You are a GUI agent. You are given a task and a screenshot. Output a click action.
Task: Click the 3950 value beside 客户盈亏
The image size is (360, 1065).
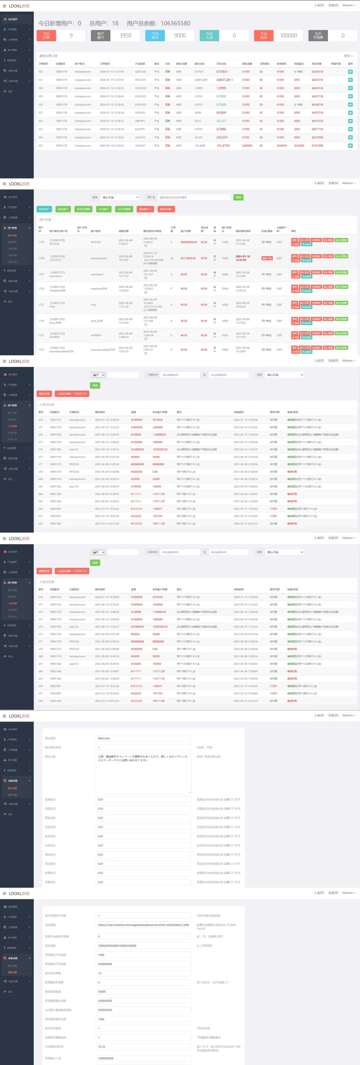pos(125,36)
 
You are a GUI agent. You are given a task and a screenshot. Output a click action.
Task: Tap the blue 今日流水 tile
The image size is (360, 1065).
pos(155,36)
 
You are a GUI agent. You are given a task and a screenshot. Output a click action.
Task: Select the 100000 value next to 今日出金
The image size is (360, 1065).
pos(288,36)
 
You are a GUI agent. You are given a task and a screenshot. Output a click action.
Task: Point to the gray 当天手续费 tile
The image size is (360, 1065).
pos(318,36)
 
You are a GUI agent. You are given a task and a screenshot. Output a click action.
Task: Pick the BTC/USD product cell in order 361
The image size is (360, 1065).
pos(140,80)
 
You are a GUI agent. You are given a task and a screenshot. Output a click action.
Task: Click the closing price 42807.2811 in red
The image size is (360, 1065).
pos(224,80)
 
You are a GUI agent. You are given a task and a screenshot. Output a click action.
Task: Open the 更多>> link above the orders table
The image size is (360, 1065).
pos(349,56)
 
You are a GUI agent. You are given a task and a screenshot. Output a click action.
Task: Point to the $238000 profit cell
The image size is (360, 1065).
pos(299,146)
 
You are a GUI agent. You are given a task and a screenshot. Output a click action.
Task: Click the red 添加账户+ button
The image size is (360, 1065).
pos(145,209)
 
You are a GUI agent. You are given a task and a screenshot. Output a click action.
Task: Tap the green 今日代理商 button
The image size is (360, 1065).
pos(124,209)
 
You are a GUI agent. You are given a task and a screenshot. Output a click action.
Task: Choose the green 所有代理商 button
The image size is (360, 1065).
pos(83,209)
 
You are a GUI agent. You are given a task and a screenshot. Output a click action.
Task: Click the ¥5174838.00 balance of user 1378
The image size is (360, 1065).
pos(188,258)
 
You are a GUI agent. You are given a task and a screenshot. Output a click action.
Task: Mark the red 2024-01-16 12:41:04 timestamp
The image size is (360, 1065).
pos(243,258)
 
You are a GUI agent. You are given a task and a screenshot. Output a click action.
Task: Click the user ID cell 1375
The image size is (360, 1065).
pos(41,305)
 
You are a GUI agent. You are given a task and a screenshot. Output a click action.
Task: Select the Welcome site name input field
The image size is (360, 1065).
pos(143,738)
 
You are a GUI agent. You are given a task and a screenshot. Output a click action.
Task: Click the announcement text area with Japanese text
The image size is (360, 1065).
pos(143,773)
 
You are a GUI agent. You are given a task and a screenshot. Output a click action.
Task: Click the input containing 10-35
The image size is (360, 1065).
pos(143,1047)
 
